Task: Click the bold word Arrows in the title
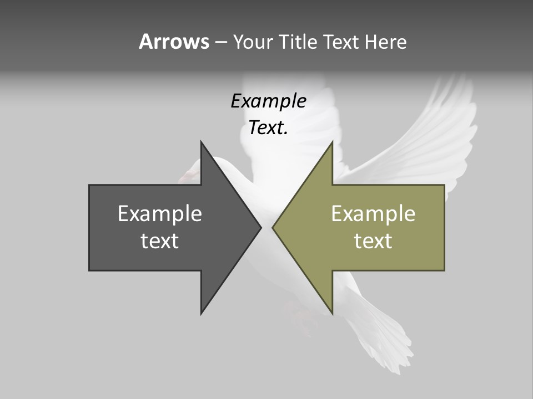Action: [x=174, y=42]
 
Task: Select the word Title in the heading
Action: [x=299, y=42]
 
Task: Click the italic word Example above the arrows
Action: [x=268, y=101]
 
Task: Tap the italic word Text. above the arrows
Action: [x=268, y=128]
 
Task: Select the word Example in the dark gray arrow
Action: [x=160, y=214]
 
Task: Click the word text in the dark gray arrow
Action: [x=160, y=241]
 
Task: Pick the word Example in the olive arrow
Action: [x=373, y=214]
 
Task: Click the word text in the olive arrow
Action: [x=373, y=241]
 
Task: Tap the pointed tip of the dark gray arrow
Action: [x=261, y=227]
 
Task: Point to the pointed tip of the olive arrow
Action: [x=273, y=227]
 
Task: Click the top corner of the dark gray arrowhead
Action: [x=202, y=142]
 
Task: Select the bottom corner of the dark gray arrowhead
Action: [x=202, y=313]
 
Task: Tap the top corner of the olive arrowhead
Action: [x=332, y=142]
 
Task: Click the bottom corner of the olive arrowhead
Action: [x=332, y=313]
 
